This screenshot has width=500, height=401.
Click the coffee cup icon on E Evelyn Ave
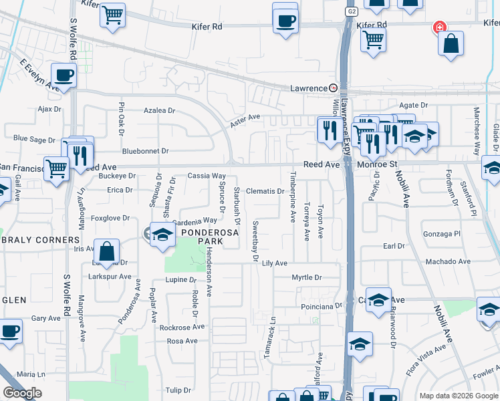(64, 76)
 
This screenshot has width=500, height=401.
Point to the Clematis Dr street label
(266, 191)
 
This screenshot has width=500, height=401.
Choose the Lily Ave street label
(274, 263)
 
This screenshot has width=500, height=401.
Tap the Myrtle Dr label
(307, 277)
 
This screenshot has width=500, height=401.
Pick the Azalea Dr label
(160, 110)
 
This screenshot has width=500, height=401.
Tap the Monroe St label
(377, 164)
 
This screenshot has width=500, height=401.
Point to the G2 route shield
(351, 11)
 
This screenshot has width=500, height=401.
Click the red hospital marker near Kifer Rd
(439, 27)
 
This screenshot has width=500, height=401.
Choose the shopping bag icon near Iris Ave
(107, 252)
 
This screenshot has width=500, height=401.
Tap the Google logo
(22, 393)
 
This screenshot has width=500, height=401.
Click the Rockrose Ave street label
(182, 327)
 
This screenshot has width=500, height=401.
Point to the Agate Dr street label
(413, 106)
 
